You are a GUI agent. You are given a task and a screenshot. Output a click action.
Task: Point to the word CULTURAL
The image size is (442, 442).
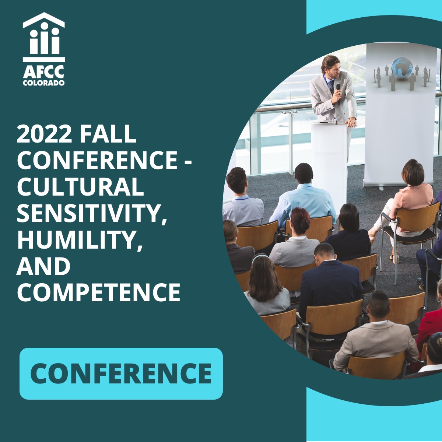(80, 186)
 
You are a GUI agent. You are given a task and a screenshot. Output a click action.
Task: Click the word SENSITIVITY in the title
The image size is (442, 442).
(92, 213)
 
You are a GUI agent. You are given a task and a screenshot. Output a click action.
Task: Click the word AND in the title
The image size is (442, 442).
(43, 266)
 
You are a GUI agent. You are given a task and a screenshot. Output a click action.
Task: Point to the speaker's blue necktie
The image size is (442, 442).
(331, 87)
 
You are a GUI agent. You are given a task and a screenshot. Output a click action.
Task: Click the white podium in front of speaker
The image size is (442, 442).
(329, 155)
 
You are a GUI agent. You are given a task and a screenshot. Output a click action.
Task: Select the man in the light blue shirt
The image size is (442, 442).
(303, 199)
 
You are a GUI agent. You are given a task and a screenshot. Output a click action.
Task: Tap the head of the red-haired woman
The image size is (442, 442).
(300, 219)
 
